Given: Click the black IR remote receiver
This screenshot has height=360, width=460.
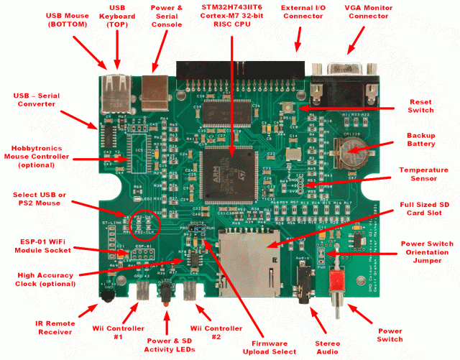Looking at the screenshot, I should pyautogui.click(x=106, y=292).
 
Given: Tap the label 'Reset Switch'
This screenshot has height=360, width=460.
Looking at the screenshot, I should pyautogui.click(x=420, y=106).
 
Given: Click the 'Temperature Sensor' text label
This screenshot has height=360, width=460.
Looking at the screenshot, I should pyautogui.click(x=424, y=175).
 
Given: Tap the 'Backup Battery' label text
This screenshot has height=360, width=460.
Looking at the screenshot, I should pyautogui.click(x=421, y=139).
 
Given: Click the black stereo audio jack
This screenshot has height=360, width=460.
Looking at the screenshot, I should pyautogui.click(x=305, y=277).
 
